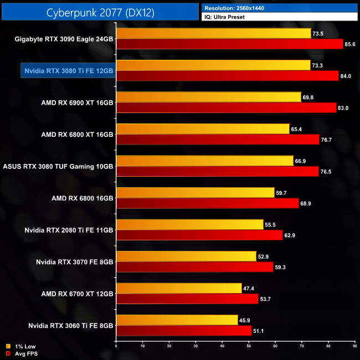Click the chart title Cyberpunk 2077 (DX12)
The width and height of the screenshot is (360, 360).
[x=100, y=11]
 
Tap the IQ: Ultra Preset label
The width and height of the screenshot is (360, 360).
[x=225, y=17]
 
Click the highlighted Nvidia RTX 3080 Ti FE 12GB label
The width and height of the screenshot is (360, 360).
[x=69, y=71]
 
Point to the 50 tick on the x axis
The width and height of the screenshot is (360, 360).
[x=249, y=346]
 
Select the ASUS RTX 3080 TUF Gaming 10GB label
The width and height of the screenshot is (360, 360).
[x=58, y=166]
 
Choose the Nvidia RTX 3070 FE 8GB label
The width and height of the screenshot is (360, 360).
[x=75, y=261]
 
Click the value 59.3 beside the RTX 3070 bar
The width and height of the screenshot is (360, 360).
[x=281, y=267]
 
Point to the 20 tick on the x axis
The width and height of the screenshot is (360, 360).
[x=169, y=346]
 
